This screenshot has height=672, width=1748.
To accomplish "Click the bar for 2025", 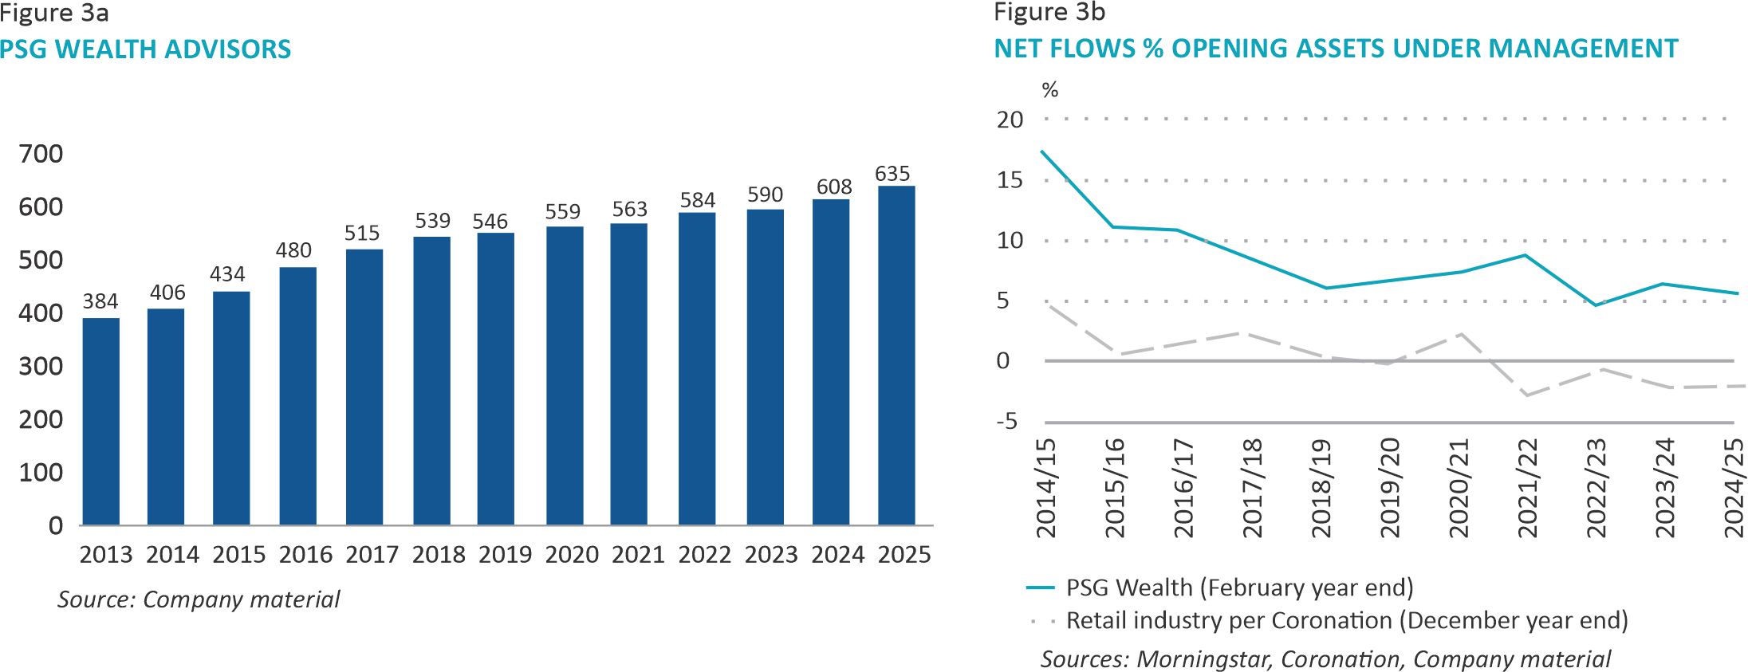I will (x=896, y=356).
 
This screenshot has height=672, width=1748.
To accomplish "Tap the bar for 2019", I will (x=496, y=379).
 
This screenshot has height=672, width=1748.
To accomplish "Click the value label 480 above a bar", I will (x=293, y=250).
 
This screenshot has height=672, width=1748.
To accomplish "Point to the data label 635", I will (x=892, y=174).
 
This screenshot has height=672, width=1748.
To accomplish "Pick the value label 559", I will (x=563, y=212).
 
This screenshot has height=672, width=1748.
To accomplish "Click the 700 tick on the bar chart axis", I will (x=41, y=154).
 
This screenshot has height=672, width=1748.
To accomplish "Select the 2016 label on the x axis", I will (x=305, y=555).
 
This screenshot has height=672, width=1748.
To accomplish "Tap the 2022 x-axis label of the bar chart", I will (x=705, y=555).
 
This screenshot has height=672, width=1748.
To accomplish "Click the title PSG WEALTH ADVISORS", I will (x=145, y=49).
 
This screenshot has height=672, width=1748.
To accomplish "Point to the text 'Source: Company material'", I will (x=199, y=599).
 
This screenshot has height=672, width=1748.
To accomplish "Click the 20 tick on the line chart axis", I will (x=1010, y=120).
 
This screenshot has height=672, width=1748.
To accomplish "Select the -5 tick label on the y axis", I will (x=1007, y=421).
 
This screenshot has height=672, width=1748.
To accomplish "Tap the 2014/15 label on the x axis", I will (x=1045, y=488).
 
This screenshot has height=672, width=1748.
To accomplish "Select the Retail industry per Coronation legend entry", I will (x=1346, y=620).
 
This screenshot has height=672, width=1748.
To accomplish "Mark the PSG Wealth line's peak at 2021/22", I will (x=1526, y=255).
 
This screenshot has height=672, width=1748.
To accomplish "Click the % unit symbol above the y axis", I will (x=1050, y=90).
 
